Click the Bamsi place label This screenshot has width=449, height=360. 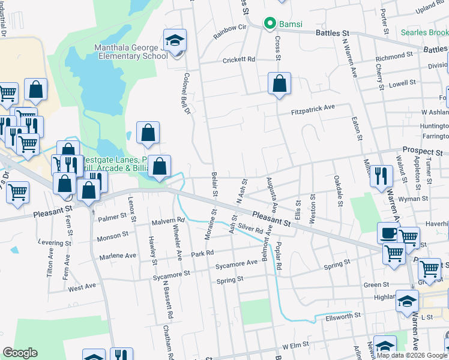tap(289, 24)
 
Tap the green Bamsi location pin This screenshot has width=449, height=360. tap(270, 24)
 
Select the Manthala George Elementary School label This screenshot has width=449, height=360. tap(130, 52)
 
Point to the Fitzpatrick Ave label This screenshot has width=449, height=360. tap(313, 109)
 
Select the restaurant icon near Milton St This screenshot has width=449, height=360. tap(381, 176)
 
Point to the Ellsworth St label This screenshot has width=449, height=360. tap(342, 315)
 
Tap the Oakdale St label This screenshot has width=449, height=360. tap(339, 191)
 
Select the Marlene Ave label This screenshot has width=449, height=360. tap(118, 256)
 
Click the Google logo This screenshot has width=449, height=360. tap(20, 353)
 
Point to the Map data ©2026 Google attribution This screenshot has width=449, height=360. tap(412, 355)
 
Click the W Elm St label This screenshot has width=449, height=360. tap(291, 346)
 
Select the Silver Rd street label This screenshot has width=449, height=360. tap(250, 229)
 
